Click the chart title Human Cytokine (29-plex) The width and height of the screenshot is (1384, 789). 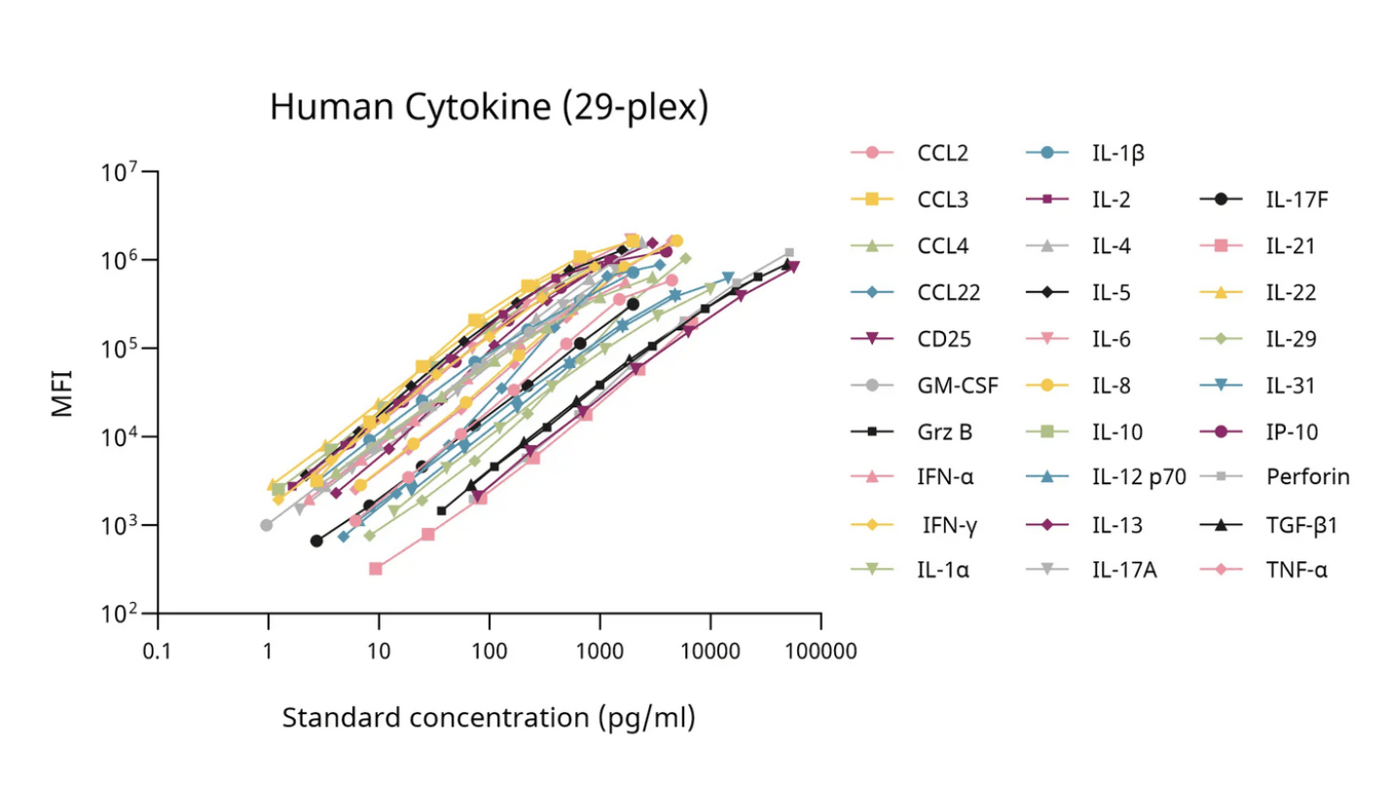[x=489, y=107]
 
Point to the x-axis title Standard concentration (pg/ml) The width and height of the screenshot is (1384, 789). [x=489, y=719]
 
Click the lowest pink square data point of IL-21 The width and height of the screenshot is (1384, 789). [x=376, y=568]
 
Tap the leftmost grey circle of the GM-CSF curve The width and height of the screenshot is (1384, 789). [x=267, y=525]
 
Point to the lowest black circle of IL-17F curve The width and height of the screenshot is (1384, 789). [x=316, y=541]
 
